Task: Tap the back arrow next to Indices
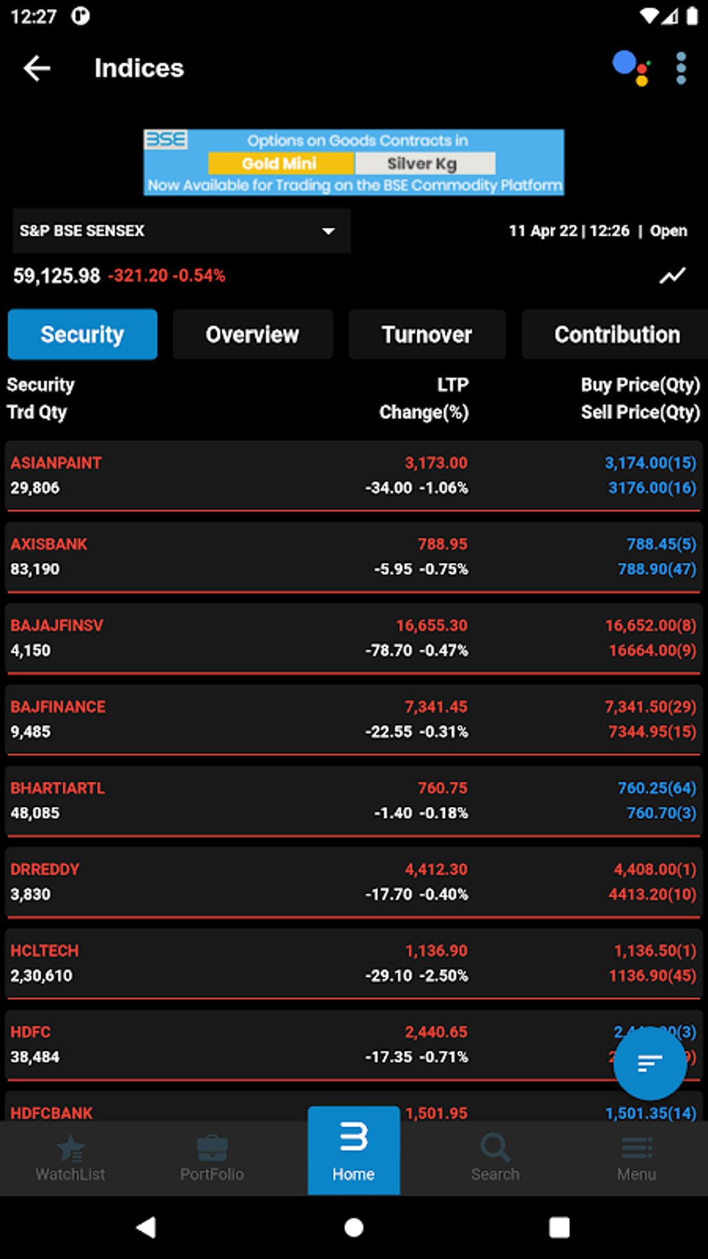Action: (37, 68)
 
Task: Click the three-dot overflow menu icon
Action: (681, 68)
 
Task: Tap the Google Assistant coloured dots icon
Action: (630, 68)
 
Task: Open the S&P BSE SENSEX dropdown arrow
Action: (328, 231)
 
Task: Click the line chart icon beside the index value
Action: (672, 276)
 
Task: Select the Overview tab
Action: (253, 335)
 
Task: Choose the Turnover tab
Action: (427, 335)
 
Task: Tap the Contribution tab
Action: (616, 335)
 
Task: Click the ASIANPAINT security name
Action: (56, 463)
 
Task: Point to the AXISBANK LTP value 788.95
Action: (442, 544)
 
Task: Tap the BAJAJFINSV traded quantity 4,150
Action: (31, 651)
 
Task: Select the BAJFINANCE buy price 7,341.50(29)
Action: (650, 707)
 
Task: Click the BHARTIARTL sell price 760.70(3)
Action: (661, 813)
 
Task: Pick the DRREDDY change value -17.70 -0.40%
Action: (416, 894)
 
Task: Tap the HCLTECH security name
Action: (44, 951)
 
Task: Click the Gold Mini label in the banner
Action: (280, 164)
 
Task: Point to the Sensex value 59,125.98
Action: (57, 276)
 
